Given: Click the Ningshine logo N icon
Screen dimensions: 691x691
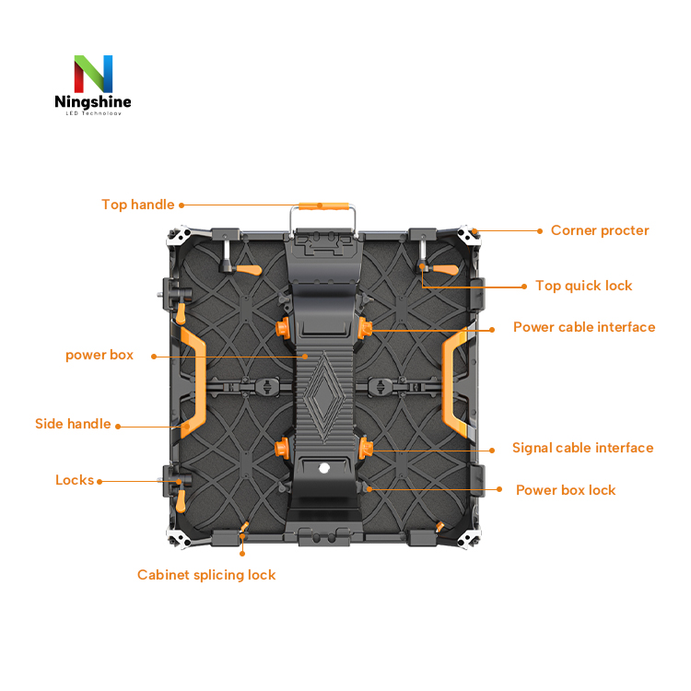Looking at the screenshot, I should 93,73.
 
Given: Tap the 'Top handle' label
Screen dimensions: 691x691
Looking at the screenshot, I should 137,205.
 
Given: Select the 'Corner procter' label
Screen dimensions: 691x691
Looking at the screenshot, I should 600,230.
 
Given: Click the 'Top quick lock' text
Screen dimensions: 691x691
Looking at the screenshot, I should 584,286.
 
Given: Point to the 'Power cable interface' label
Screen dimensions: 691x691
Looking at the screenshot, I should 584,327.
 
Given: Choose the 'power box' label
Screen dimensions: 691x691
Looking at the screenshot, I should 100,355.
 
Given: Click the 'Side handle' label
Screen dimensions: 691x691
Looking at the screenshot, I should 73,424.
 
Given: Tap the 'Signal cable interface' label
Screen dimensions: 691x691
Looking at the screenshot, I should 583,448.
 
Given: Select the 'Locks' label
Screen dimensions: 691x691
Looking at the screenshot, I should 75,480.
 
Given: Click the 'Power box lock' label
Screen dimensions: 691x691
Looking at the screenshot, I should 566,490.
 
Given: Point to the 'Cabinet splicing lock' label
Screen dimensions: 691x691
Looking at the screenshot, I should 206,575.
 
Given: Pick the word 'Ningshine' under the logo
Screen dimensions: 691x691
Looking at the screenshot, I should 92,102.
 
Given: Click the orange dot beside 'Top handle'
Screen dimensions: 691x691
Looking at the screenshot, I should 182,205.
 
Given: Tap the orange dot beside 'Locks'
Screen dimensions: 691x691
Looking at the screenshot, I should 100,481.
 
